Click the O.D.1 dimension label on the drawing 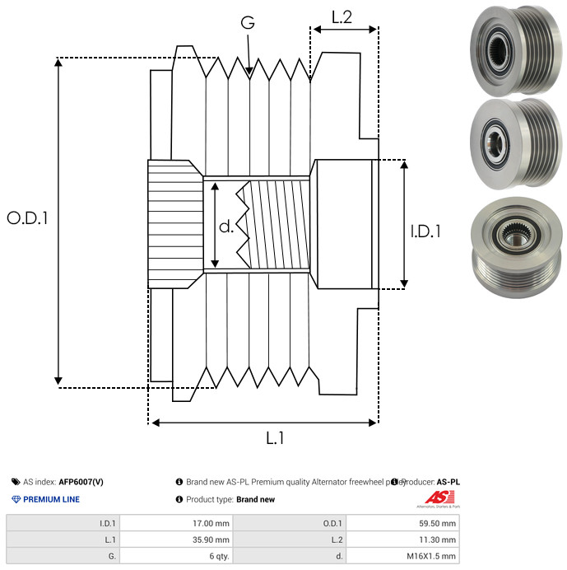click(x=28, y=218)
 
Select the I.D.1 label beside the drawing click(x=425, y=232)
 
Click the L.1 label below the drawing click(x=275, y=439)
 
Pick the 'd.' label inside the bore click(x=226, y=227)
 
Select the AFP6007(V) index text click(x=81, y=482)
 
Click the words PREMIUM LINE click(x=51, y=499)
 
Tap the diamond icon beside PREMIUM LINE click(x=16, y=499)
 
